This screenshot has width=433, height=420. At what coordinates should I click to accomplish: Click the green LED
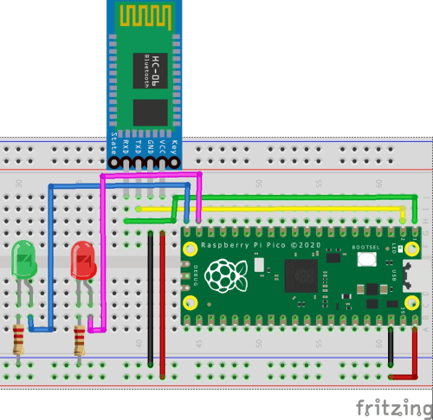click(x=24, y=260)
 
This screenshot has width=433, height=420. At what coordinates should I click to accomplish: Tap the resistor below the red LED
click(x=81, y=339)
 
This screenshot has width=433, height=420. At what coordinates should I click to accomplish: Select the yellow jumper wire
click(x=277, y=209)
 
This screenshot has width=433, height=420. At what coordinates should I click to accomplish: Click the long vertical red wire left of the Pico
click(x=162, y=303)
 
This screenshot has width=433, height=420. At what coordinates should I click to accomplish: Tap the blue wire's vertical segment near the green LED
click(x=50, y=260)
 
